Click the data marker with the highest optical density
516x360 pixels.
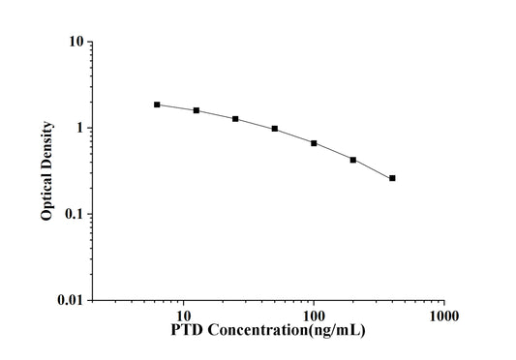(x=157, y=105)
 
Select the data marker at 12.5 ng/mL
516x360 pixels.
(x=197, y=110)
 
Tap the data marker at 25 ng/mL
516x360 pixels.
(x=235, y=119)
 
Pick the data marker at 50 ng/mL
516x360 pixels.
(x=275, y=129)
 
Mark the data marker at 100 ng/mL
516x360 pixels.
(x=314, y=143)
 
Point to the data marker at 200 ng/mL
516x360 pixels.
(x=353, y=160)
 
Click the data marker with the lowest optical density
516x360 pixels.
(x=392, y=178)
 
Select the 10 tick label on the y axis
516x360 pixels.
(x=74, y=43)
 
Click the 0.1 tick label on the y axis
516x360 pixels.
(x=72, y=214)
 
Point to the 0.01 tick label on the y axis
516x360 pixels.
(x=68, y=300)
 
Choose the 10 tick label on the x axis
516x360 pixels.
(x=182, y=316)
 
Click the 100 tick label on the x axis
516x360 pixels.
(x=314, y=316)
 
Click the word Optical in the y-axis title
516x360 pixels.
(x=46, y=195)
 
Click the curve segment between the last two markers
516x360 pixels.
(x=373, y=168)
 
